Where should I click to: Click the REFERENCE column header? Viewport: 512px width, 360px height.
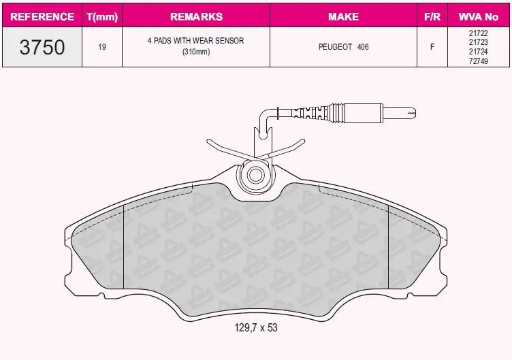tap(42, 16)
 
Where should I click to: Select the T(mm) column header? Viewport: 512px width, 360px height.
tap(102, 16)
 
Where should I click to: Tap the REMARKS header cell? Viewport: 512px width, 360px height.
tap(196, 16)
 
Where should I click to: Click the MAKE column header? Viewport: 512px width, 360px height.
tap(344, 16)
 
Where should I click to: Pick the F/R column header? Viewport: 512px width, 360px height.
tap(432, 16)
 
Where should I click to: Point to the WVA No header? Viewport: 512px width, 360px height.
tap(479, 16)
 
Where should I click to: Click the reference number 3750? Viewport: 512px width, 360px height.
tap(42, 47)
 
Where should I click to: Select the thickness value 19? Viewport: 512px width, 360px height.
tap(102, 47)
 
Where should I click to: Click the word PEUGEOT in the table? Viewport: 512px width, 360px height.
tap(336, 47)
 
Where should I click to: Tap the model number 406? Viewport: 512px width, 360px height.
tap(363, 47)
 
